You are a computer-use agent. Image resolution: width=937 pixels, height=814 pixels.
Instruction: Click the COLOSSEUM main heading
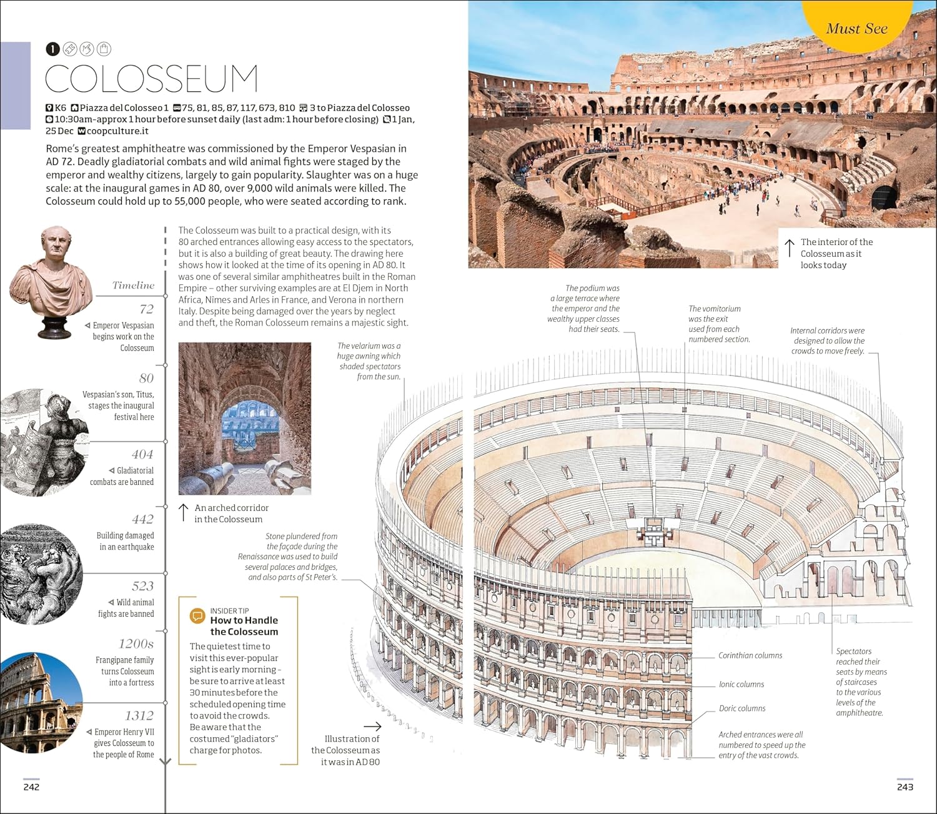[152, 78]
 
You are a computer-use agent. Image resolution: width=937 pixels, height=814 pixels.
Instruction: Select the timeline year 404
[142, 454]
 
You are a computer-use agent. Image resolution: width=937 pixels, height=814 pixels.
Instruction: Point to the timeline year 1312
[140, 715]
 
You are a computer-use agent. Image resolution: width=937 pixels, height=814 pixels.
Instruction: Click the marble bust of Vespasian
[51, 282]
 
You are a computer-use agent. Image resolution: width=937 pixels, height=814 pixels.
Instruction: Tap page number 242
[32, 787]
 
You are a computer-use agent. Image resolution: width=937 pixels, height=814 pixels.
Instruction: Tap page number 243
[905, 787]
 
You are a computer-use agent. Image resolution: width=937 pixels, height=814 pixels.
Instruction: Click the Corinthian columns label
[750, 655]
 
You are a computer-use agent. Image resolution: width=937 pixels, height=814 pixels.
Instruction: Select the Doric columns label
[742, 708]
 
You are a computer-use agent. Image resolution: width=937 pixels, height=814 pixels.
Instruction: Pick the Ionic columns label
[741, 685]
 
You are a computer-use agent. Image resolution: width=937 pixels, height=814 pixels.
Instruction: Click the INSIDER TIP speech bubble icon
[197, 616]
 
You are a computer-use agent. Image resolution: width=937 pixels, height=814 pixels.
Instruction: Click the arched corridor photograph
[244, 419]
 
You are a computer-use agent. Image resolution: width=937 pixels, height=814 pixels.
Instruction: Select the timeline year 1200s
[136, 643]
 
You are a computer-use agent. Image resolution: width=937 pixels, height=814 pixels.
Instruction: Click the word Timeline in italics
[133, 285]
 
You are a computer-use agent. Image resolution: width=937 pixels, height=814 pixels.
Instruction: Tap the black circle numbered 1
[52, 49]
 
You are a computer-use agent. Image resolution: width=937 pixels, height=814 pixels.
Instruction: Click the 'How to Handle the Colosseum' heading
[244, 626]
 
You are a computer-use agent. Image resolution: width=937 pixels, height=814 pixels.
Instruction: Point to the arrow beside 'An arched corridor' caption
[183, 513]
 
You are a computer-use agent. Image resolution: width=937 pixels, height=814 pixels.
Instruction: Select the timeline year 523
[142, 586]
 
